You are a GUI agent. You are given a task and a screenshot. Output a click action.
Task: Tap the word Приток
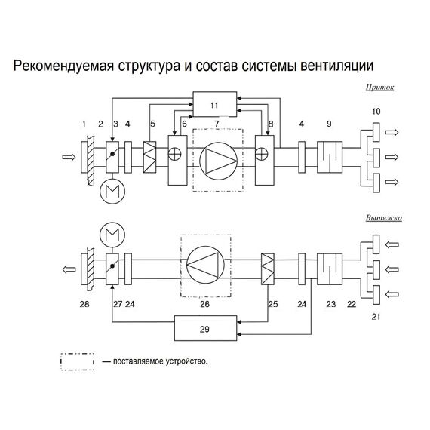click(378, 88)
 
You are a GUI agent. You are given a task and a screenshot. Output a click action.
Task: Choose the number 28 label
click(83, 304)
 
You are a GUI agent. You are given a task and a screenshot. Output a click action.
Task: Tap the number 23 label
click(330, 304)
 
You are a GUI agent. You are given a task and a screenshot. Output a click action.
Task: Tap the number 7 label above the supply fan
click(217, 124)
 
